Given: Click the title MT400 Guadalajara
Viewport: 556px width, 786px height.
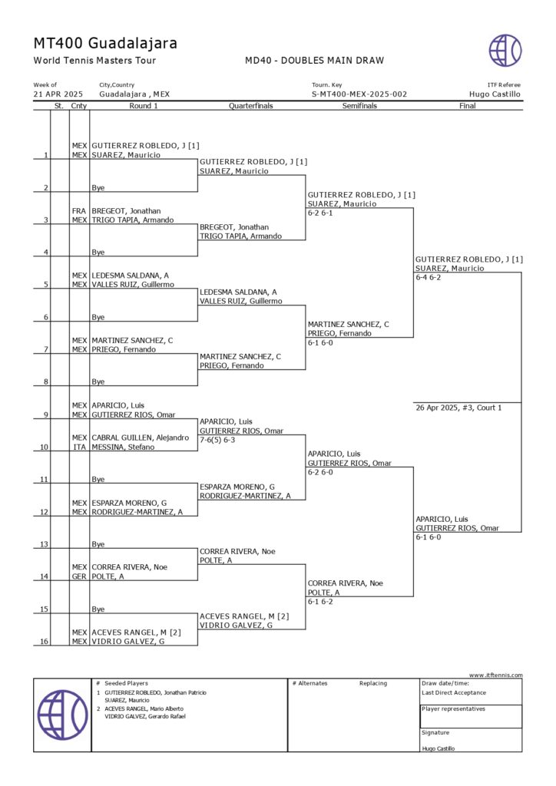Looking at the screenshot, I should pos(105,43).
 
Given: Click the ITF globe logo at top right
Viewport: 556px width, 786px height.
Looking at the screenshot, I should pos(505,50).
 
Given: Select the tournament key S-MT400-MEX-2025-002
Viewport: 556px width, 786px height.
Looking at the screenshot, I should pos(359,94).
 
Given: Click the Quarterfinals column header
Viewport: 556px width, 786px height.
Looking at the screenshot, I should pos(250,106).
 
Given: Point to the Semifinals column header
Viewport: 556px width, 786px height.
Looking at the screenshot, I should pos(359,106).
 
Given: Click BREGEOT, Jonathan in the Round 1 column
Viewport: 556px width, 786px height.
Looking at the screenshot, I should pos(126,210).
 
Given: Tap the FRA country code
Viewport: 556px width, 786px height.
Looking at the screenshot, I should pos(78,210).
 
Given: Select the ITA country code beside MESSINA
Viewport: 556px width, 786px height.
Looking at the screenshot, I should pos(78,447).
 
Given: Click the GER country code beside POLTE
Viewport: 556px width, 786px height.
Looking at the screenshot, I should pos(78,576).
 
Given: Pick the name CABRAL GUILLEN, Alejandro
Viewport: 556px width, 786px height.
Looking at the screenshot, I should pos(140,438).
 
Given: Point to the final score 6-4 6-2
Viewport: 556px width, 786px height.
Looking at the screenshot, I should pos(428,278).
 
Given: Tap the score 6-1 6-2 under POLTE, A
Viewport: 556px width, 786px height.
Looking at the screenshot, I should pos(325,602).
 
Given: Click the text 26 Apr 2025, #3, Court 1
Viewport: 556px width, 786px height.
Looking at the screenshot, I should pos(458,408).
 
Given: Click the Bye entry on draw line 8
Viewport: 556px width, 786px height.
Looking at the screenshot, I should pos(98,381).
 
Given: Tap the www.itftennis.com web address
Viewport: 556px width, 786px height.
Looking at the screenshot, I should pos(495,675).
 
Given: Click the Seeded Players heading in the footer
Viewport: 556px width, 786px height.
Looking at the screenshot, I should pos(126,683).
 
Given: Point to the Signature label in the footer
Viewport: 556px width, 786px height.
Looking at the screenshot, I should pos(435,732).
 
